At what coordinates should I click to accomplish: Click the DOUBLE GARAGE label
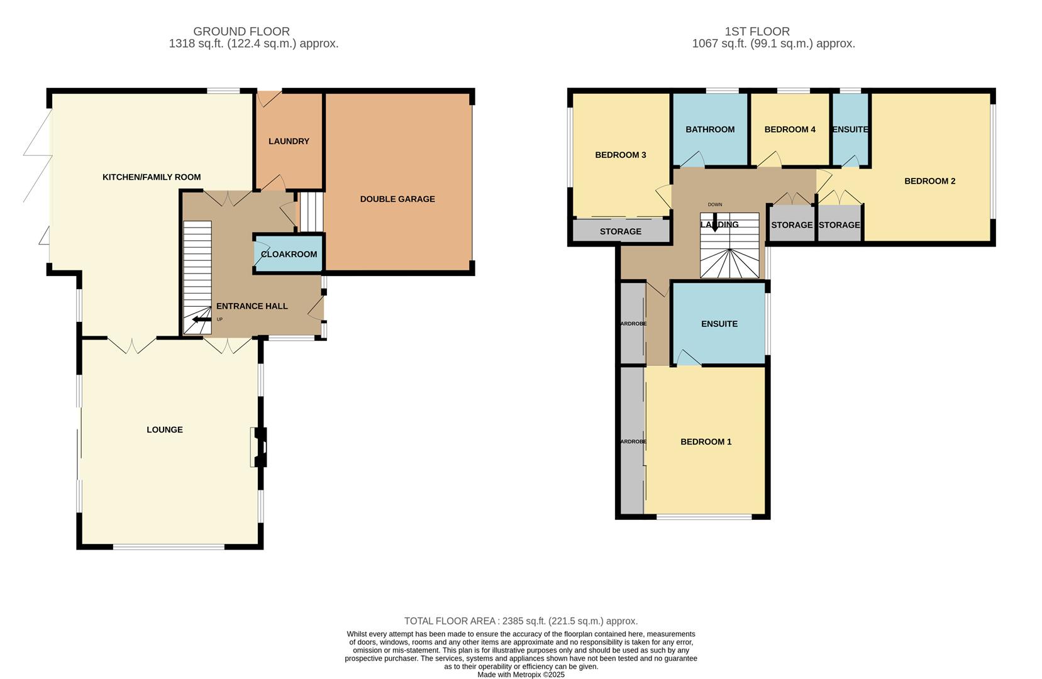397,199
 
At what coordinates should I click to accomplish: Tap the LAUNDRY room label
289,141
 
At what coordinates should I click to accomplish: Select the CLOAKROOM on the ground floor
289,254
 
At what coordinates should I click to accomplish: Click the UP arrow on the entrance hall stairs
202,319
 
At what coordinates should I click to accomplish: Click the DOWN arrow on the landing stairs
714,224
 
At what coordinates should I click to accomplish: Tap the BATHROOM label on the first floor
710,130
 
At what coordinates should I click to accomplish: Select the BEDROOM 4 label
790,130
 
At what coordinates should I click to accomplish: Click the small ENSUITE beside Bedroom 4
850,130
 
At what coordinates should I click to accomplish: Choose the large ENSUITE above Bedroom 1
719,324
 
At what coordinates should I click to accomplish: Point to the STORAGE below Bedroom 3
620,231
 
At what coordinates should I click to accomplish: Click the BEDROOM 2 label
929,181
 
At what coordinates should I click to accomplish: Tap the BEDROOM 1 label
706,442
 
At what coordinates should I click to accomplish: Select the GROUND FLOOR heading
241,31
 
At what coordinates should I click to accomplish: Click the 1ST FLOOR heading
757,31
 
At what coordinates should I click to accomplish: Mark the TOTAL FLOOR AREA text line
521,621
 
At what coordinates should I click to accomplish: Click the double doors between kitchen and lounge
132,345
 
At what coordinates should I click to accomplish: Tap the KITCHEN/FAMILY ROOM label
152,177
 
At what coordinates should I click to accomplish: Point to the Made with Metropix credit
521,675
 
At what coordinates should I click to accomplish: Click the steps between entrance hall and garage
310,212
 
